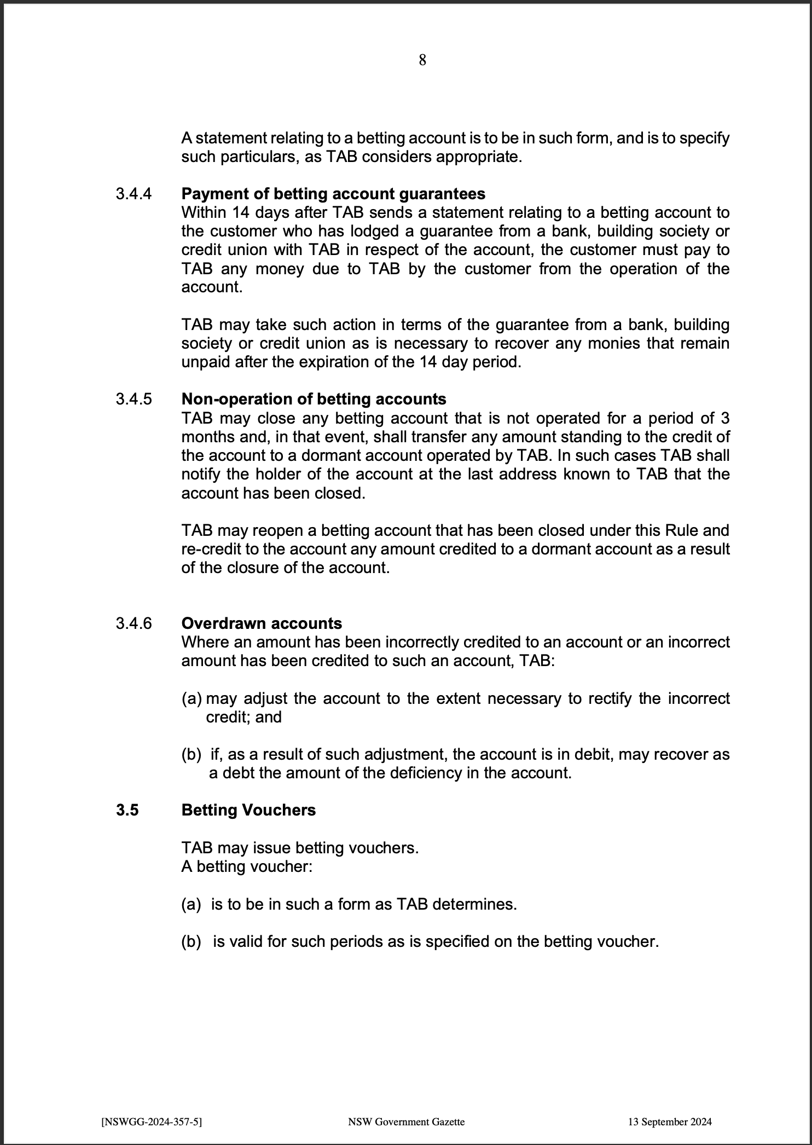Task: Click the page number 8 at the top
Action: (422, 60)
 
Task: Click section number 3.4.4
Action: (134, 194)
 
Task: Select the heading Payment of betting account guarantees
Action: (333, 194)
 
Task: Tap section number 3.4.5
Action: (134, 400)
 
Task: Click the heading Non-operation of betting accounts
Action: (314, 400)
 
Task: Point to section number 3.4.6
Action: (134, 624)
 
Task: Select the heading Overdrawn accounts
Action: (262, 624)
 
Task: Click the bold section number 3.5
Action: (127, 811)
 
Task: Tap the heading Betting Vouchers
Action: (248, 811)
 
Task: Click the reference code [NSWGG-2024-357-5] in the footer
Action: (152, 1121)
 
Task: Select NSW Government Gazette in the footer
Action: (406, 1121)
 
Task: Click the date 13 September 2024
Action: (670, 1121)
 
